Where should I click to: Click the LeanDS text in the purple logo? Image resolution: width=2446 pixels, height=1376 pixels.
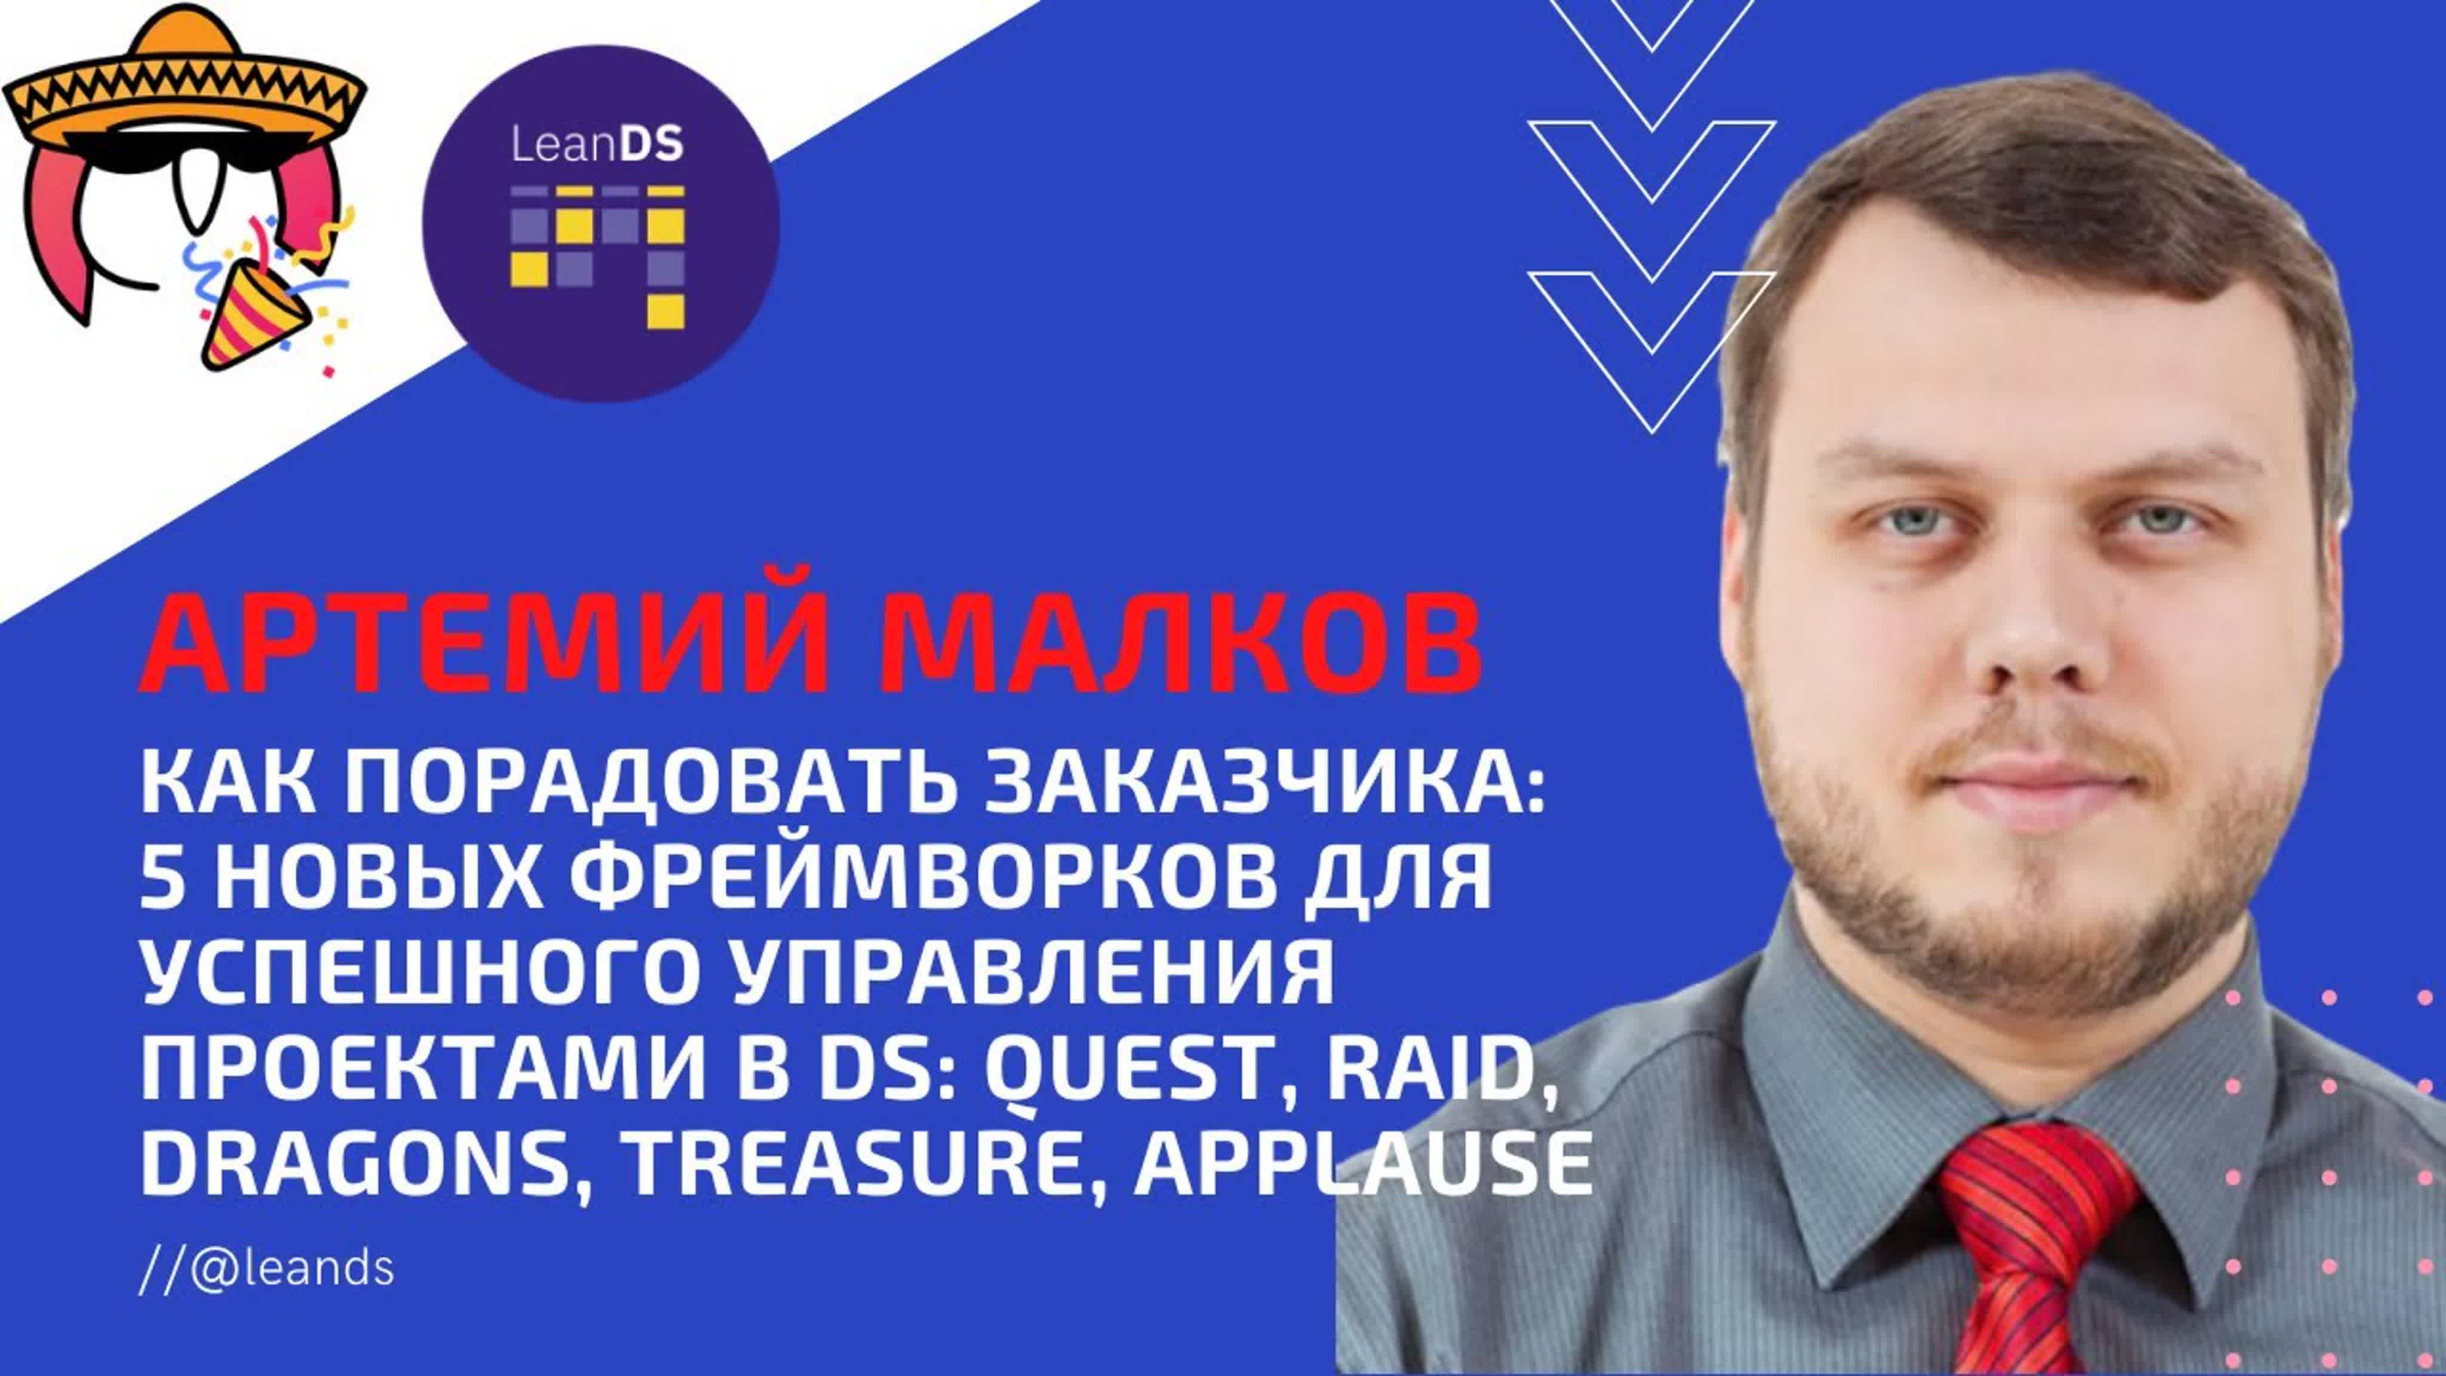click(597, 145)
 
